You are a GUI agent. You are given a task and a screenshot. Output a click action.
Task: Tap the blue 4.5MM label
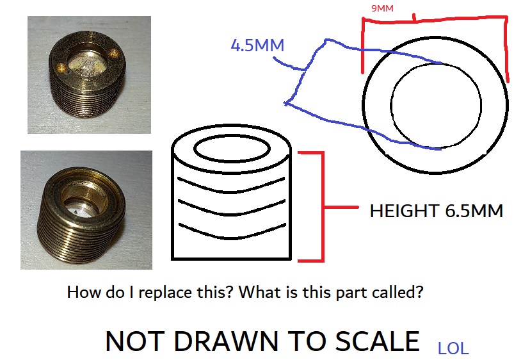[257, 45]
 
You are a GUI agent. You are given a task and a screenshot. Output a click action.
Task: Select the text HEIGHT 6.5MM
[436, 211]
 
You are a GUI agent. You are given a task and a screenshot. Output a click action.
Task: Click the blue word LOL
[453, 349]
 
